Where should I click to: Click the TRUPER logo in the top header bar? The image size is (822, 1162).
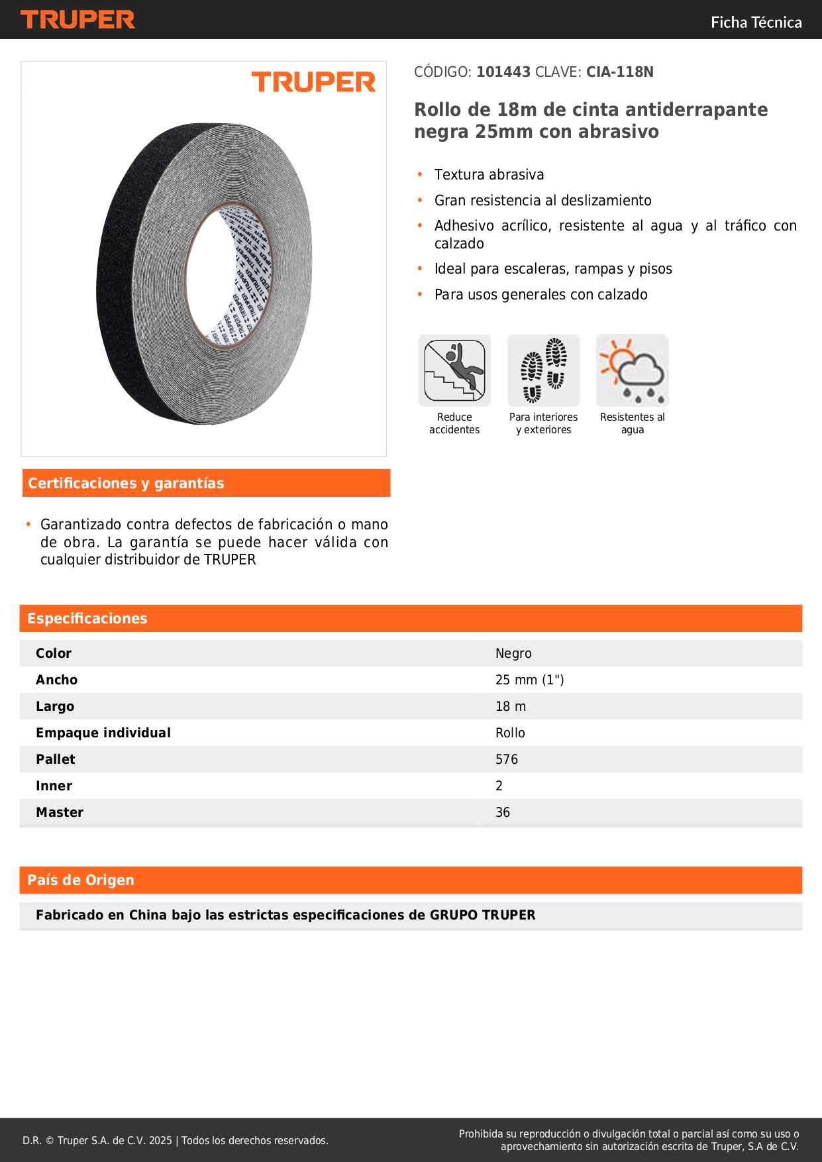77,20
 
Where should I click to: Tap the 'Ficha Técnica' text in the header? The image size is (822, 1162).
756,23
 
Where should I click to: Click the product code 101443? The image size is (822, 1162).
503,72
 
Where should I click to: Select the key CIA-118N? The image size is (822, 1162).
619,72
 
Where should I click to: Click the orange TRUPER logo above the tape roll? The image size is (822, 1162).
313,82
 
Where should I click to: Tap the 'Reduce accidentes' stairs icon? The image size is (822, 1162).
454,370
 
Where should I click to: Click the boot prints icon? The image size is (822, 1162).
544,370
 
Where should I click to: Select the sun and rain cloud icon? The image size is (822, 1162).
633,370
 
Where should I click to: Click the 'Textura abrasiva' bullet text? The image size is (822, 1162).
489,175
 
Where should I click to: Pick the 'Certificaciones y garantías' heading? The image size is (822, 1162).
126,484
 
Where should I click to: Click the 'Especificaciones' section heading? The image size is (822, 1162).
87,619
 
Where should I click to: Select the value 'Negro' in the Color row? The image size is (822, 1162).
513,653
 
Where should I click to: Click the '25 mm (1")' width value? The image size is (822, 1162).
529,680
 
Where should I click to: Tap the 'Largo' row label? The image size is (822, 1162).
55,706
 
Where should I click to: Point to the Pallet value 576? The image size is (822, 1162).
507,759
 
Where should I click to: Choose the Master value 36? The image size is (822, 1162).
503,812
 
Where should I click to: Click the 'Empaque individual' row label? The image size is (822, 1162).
103,733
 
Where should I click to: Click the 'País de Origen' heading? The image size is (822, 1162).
81,880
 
